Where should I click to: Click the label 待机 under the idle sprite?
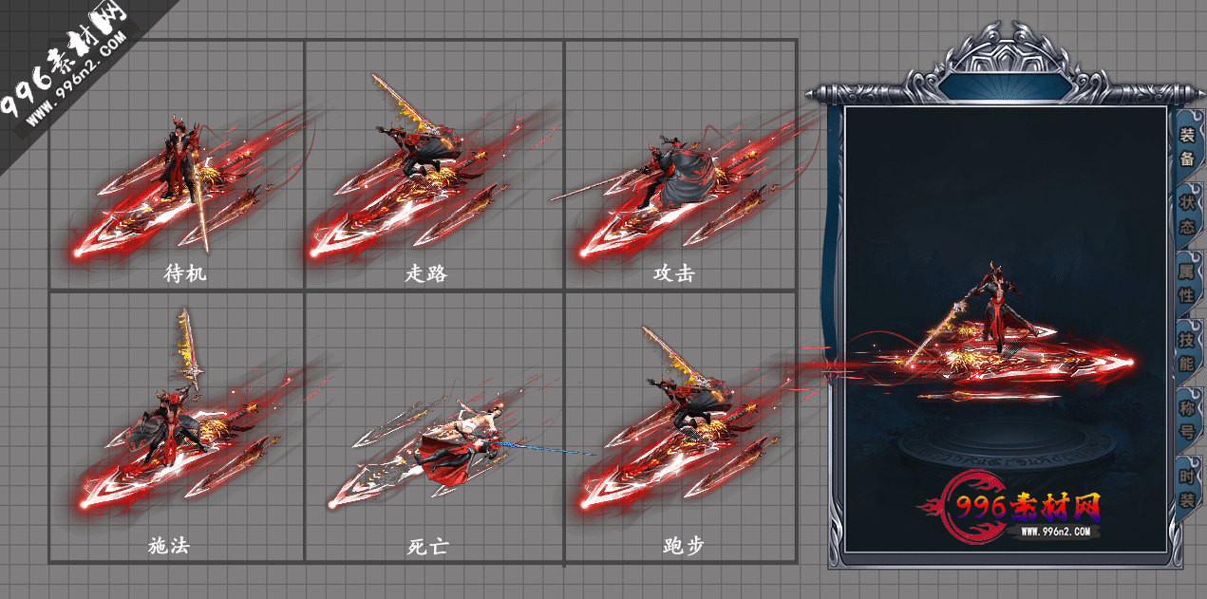(x=185, y=274)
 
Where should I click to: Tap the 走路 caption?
(x=426, y=274)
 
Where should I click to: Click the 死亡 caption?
(x=426, y=546)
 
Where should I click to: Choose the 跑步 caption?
(x=684, y=546)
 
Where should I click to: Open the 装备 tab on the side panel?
(x=1187, y=146)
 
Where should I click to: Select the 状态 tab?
(x=1187, y=215)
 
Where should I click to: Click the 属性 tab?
(x=1187, y=283)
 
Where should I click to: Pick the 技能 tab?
(x=1187, y=350)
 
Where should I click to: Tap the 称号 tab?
(x=1187, y=419)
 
